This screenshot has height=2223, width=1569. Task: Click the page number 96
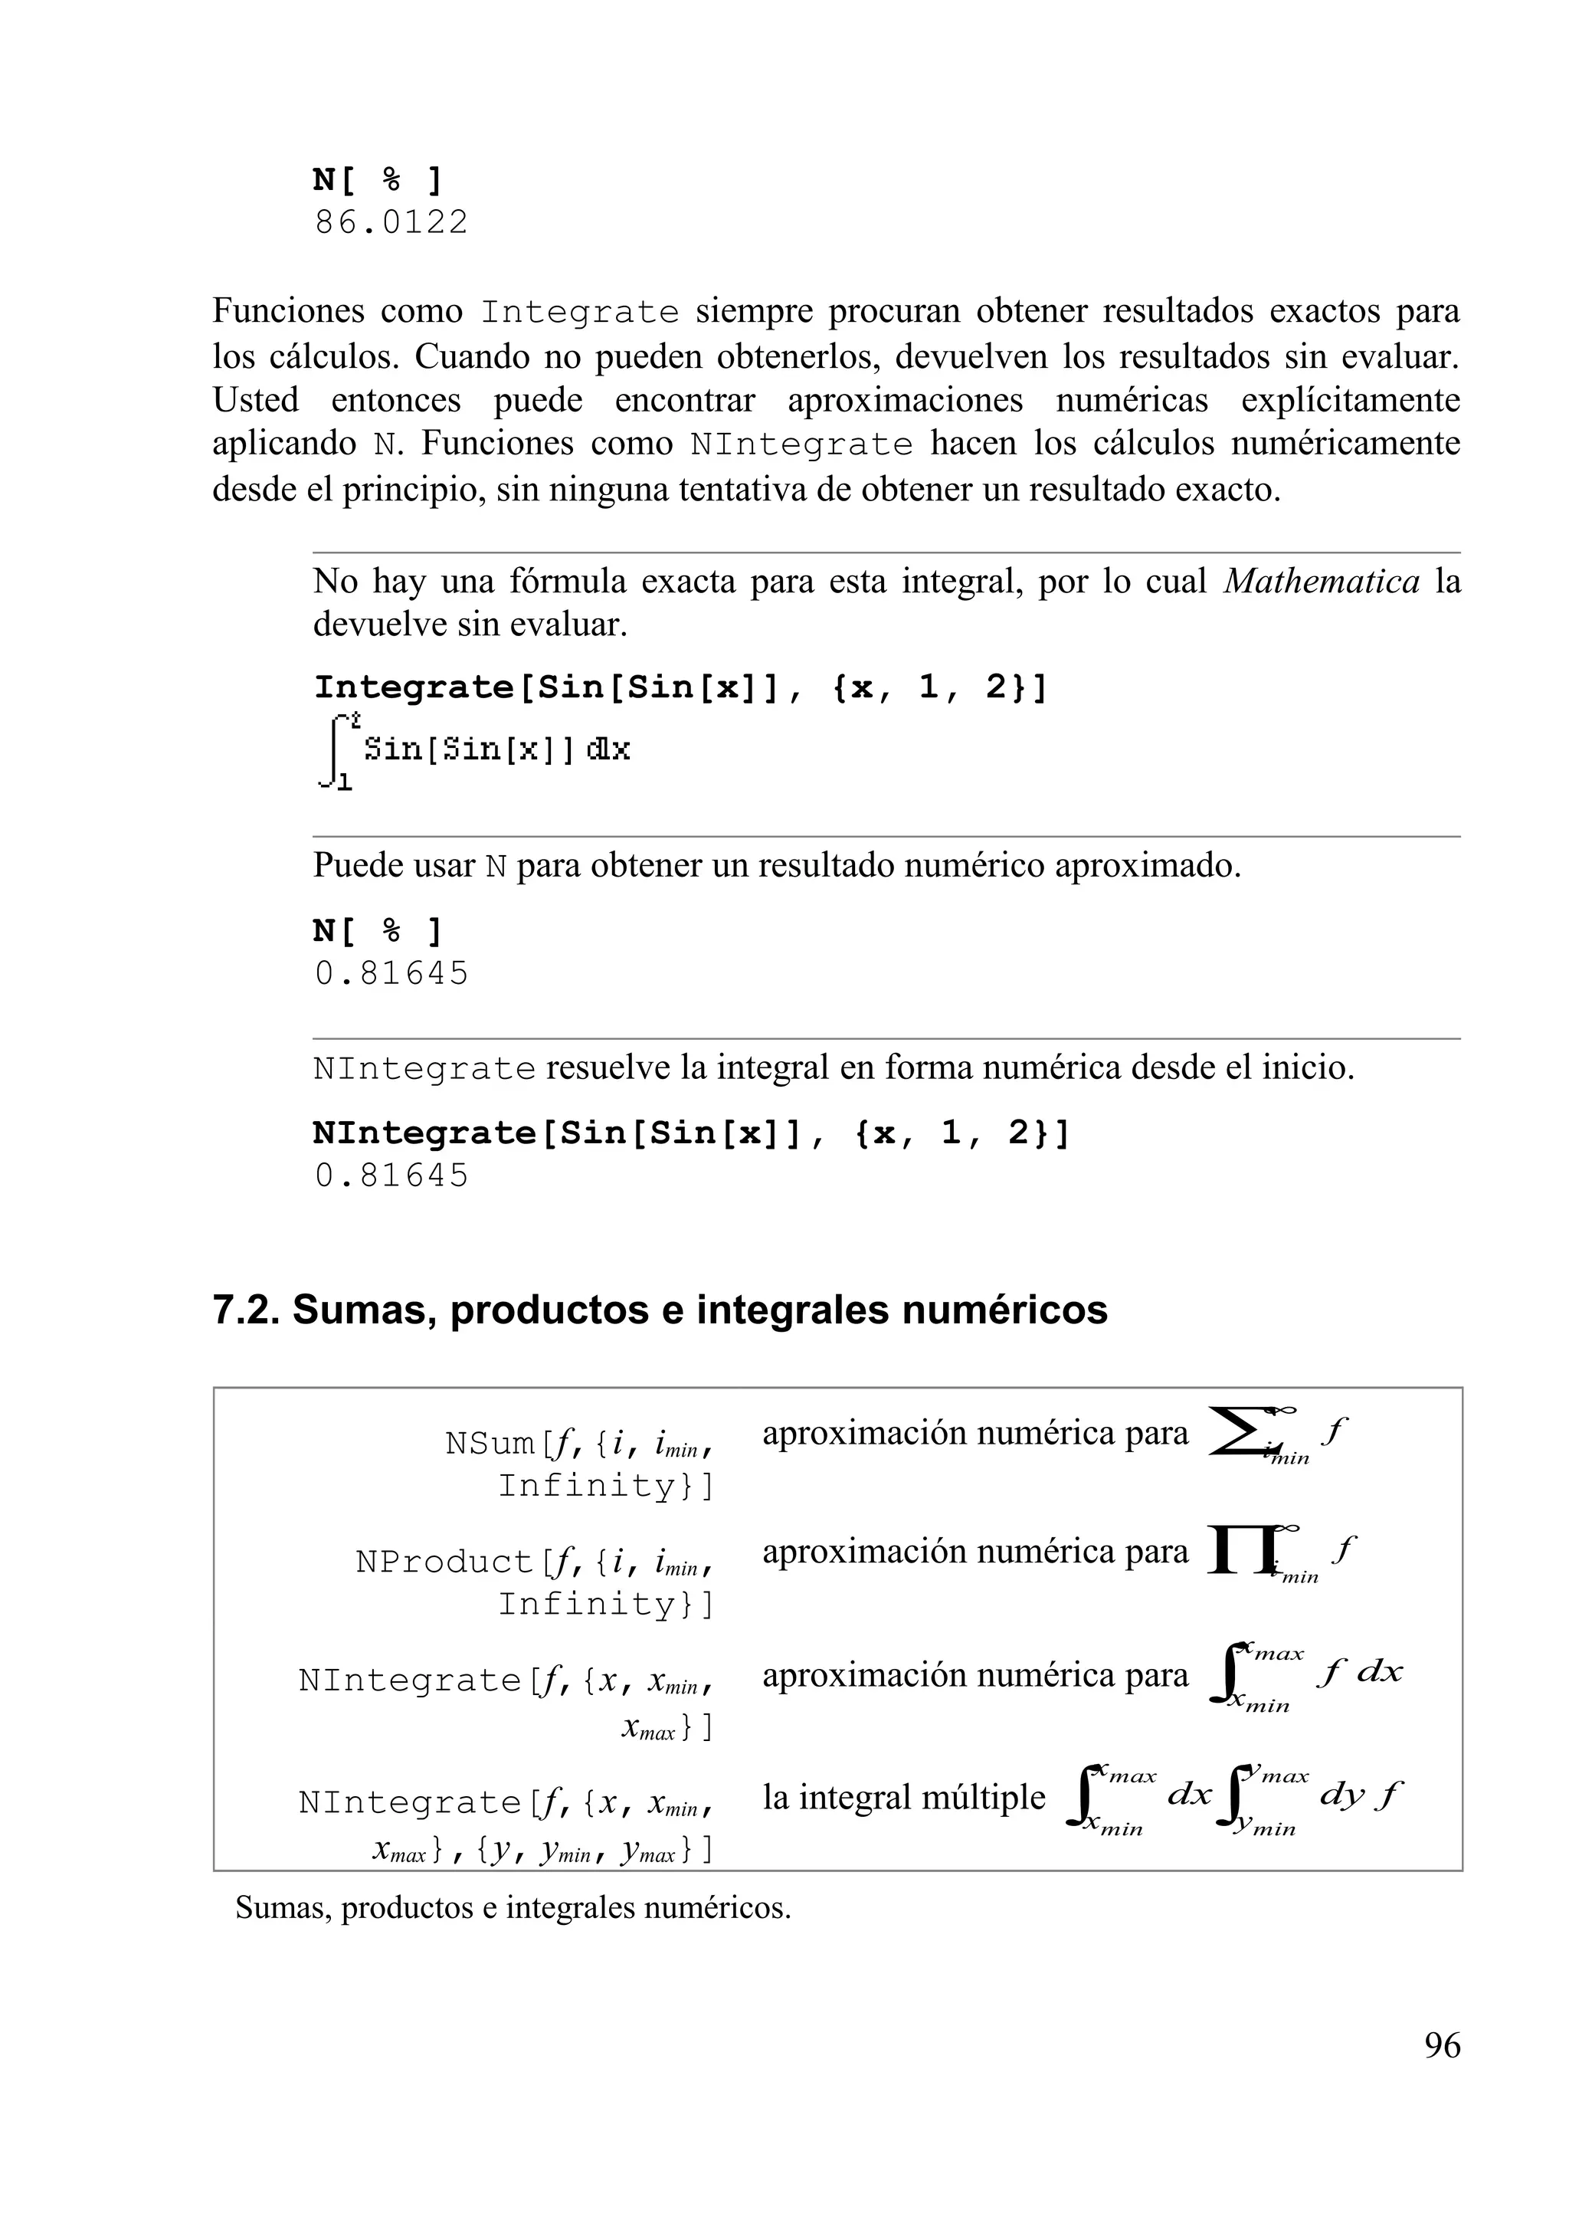pyautogui.click(x=1441, y=2045)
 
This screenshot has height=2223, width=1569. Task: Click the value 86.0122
pyautogui.click(x=391, y=223)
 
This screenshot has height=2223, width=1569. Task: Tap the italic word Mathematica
pyautogui.click(x=1322, y=581)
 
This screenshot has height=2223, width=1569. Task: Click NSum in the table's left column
pyautogui.click(x=489, y=1444)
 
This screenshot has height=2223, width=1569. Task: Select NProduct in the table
pyautogui.click(x=444, y=1562)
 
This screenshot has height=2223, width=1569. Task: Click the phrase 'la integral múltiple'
pyautogui.click(x=903, y=1797)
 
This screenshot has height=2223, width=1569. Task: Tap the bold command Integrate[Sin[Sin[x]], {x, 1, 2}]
pyautogui.click(x=680, y=687)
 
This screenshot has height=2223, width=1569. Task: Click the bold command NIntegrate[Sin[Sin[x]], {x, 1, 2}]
pyautogui.click(x=691, y=1133)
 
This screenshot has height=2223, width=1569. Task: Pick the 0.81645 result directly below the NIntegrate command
pyautogui.click(x=391, y=1175)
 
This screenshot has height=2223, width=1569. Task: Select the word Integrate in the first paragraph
pyautogui.click(x=580, y=313)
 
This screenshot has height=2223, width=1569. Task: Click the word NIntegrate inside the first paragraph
pyautogui.click(x=801, y=445)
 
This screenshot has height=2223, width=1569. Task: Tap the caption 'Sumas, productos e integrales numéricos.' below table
pyautogui.click(x=513, y=1907)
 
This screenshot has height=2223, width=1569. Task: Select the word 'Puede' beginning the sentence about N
pyautogui.click(x=350, y=864)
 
